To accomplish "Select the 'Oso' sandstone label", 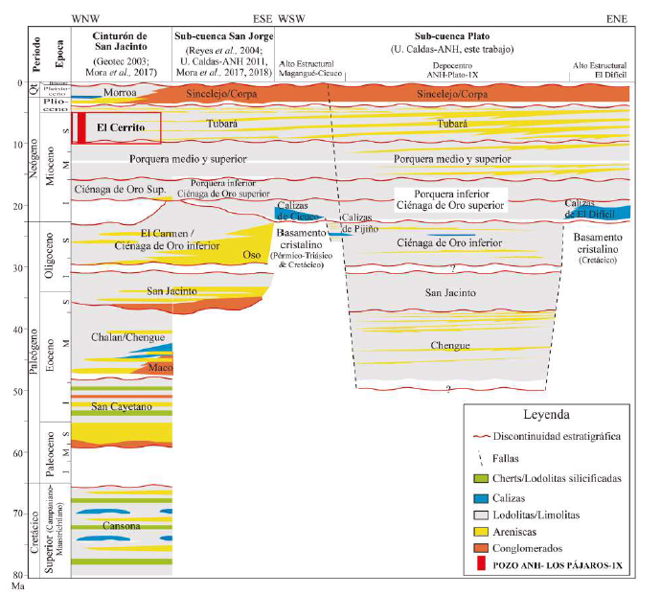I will (252, 255).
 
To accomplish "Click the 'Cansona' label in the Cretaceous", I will (121, 526).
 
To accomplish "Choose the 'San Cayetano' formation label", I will (122, 407).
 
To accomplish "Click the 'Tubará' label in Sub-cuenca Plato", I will (451, 124).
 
